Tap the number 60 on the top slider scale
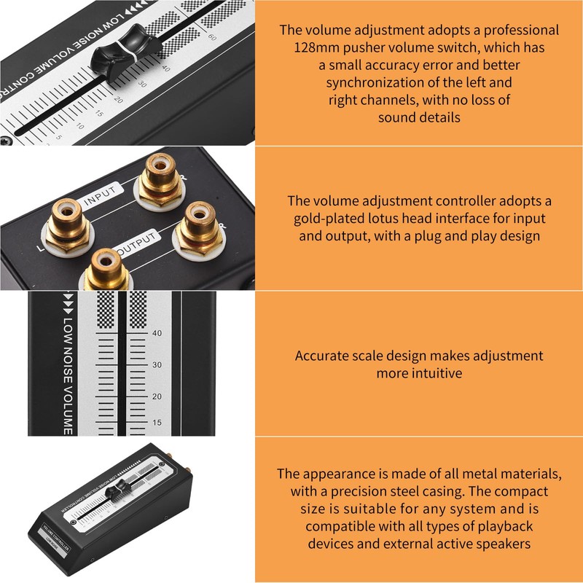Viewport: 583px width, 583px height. click(212, 36)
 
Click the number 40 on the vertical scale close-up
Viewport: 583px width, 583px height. click(157, 333)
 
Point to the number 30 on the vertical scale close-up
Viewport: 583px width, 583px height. click(157, 364)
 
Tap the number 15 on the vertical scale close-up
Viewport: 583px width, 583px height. click(157, 423)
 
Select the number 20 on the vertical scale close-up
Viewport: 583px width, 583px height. click(157, 396)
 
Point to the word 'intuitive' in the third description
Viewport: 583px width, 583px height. click(419, 373)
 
